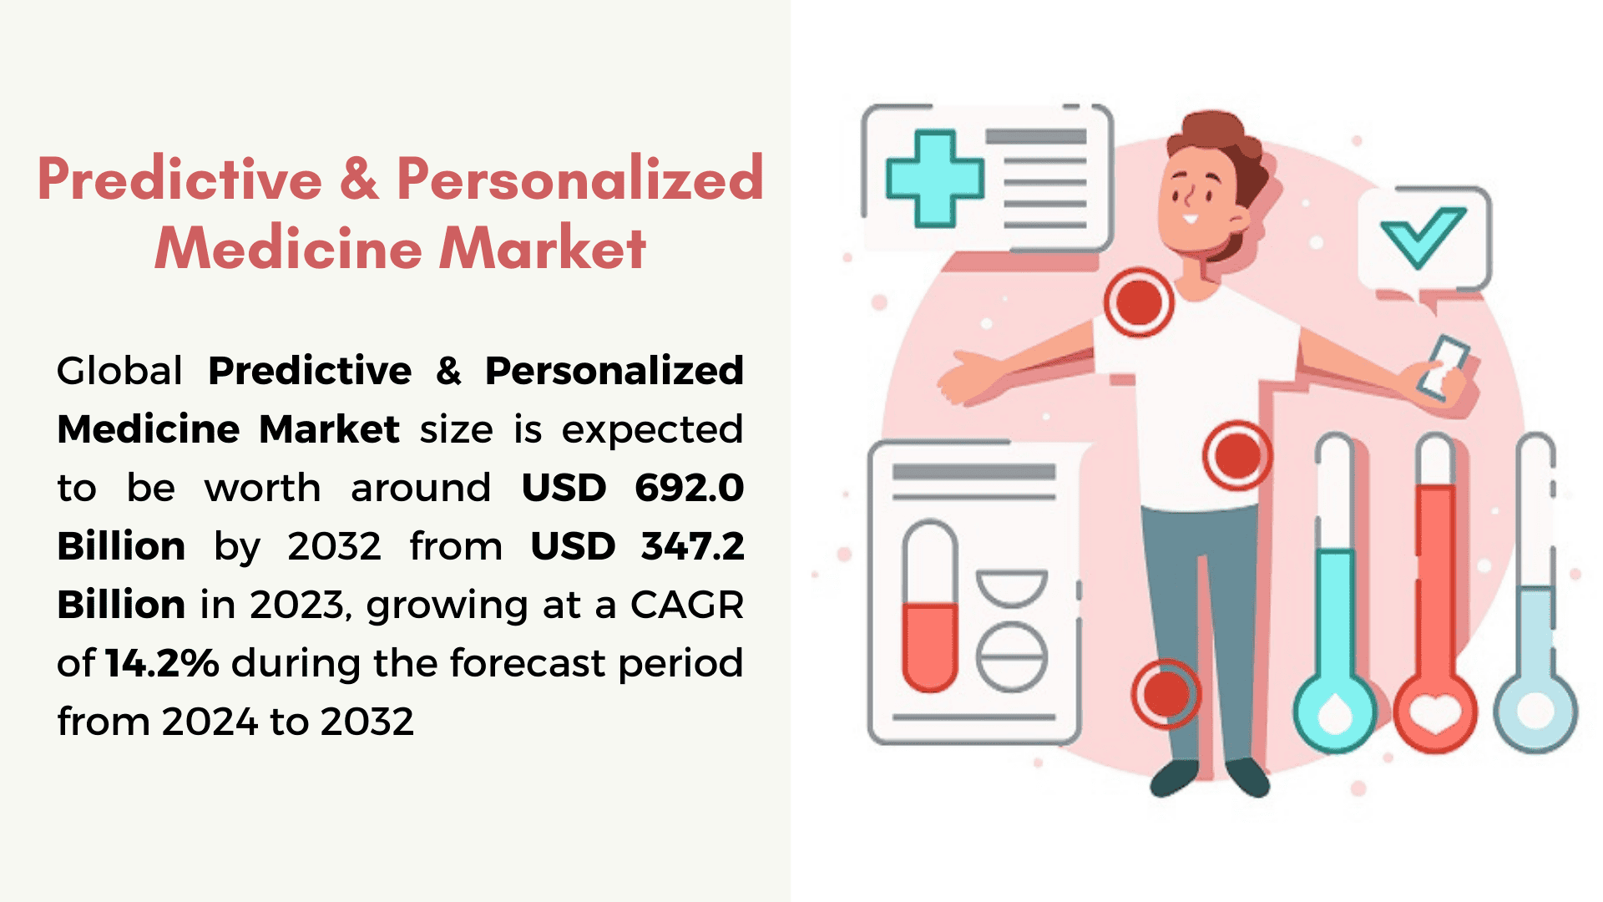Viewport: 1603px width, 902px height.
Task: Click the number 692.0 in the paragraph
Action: click(x=689, y=488)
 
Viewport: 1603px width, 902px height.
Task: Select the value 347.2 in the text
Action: click(x=692, y=546)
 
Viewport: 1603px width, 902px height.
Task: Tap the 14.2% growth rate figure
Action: click(x=162, y=663)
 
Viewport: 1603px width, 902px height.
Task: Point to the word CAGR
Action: click(x=686, y=605)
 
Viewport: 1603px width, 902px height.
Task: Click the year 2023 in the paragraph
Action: click(x=298, y=606)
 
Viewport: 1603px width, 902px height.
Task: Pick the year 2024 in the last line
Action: click(x=210, y=722)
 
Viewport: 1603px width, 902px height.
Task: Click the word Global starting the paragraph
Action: click(x=119, y=371)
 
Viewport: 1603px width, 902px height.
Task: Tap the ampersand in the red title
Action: click(x=359, y=179)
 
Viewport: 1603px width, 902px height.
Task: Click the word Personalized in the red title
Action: click(x=579, y=179)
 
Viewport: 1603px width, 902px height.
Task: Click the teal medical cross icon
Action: click(x=934, y=179)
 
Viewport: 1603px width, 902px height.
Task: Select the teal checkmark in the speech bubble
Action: click(x=1422, y=237)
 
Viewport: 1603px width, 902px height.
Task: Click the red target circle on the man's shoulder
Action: click(x=1138, y=302)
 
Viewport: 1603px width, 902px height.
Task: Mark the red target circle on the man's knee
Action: click(x=1166, y=693)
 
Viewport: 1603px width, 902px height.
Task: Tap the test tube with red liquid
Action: click(x=930, y=606)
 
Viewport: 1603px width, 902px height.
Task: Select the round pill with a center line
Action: click(x=1012, y=656)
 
